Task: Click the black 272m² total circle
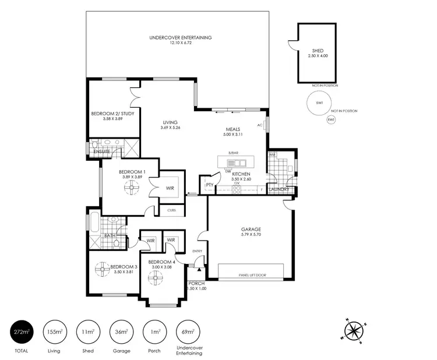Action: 21,332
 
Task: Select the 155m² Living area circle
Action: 55,332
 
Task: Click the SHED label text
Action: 317,51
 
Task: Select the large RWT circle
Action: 319,103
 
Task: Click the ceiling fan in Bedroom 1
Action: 132,186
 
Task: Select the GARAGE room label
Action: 251,230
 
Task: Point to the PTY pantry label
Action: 208,185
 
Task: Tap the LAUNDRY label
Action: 280,189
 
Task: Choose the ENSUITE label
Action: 102,151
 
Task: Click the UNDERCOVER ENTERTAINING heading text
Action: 180,37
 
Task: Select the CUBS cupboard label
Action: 171,210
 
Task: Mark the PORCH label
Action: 196,284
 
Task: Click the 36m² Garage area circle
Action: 121,332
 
